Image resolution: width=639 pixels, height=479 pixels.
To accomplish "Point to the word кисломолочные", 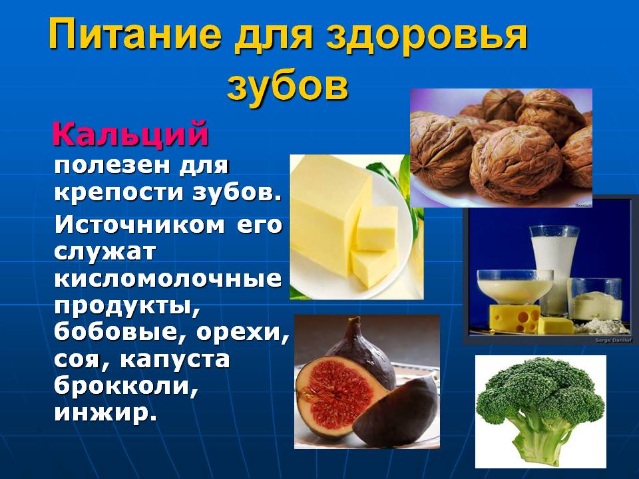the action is [168, 279].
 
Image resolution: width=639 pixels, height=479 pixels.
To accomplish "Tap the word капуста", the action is [175, 360].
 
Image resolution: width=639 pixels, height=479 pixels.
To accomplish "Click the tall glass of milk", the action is [554, 269].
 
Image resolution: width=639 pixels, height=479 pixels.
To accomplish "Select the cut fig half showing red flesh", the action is [335, 397].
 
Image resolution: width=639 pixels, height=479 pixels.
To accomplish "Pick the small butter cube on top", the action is [377, 228].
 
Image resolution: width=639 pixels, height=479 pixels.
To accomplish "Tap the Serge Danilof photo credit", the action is [613, 340].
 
